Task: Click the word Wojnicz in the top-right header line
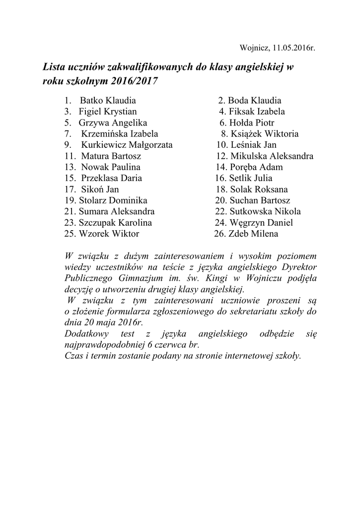[x=254, y=49]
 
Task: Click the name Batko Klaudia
[x=105, y=101]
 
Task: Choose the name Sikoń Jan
[x=99, y=189]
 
